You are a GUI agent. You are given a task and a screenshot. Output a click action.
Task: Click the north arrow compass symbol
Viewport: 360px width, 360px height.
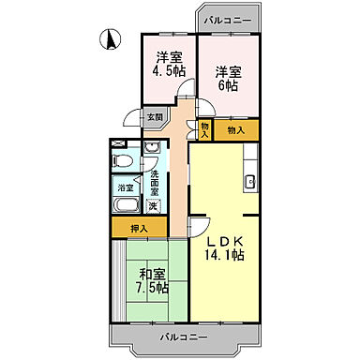110,39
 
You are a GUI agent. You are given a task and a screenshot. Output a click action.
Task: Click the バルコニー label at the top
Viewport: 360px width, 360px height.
225,19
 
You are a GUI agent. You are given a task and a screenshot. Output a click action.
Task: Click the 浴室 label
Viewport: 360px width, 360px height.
125,187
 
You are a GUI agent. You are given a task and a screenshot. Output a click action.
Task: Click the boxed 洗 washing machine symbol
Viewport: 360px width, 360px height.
153,205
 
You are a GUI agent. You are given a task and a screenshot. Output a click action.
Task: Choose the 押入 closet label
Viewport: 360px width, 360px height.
140,228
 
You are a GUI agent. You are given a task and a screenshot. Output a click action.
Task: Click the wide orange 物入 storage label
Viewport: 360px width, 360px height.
236,130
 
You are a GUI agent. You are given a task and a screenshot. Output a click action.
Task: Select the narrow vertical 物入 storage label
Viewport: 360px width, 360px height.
204,129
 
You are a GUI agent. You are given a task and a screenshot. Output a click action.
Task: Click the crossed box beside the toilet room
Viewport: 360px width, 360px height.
117,143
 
